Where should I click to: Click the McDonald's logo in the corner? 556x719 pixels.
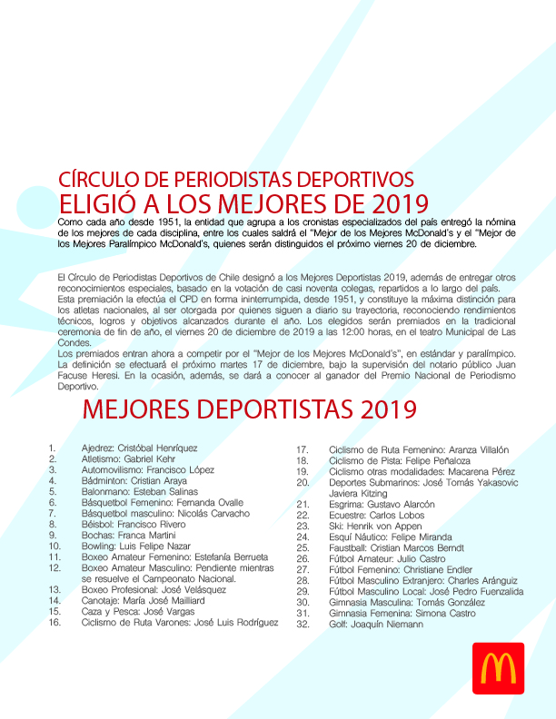498,667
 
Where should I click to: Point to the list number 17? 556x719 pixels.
303,449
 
